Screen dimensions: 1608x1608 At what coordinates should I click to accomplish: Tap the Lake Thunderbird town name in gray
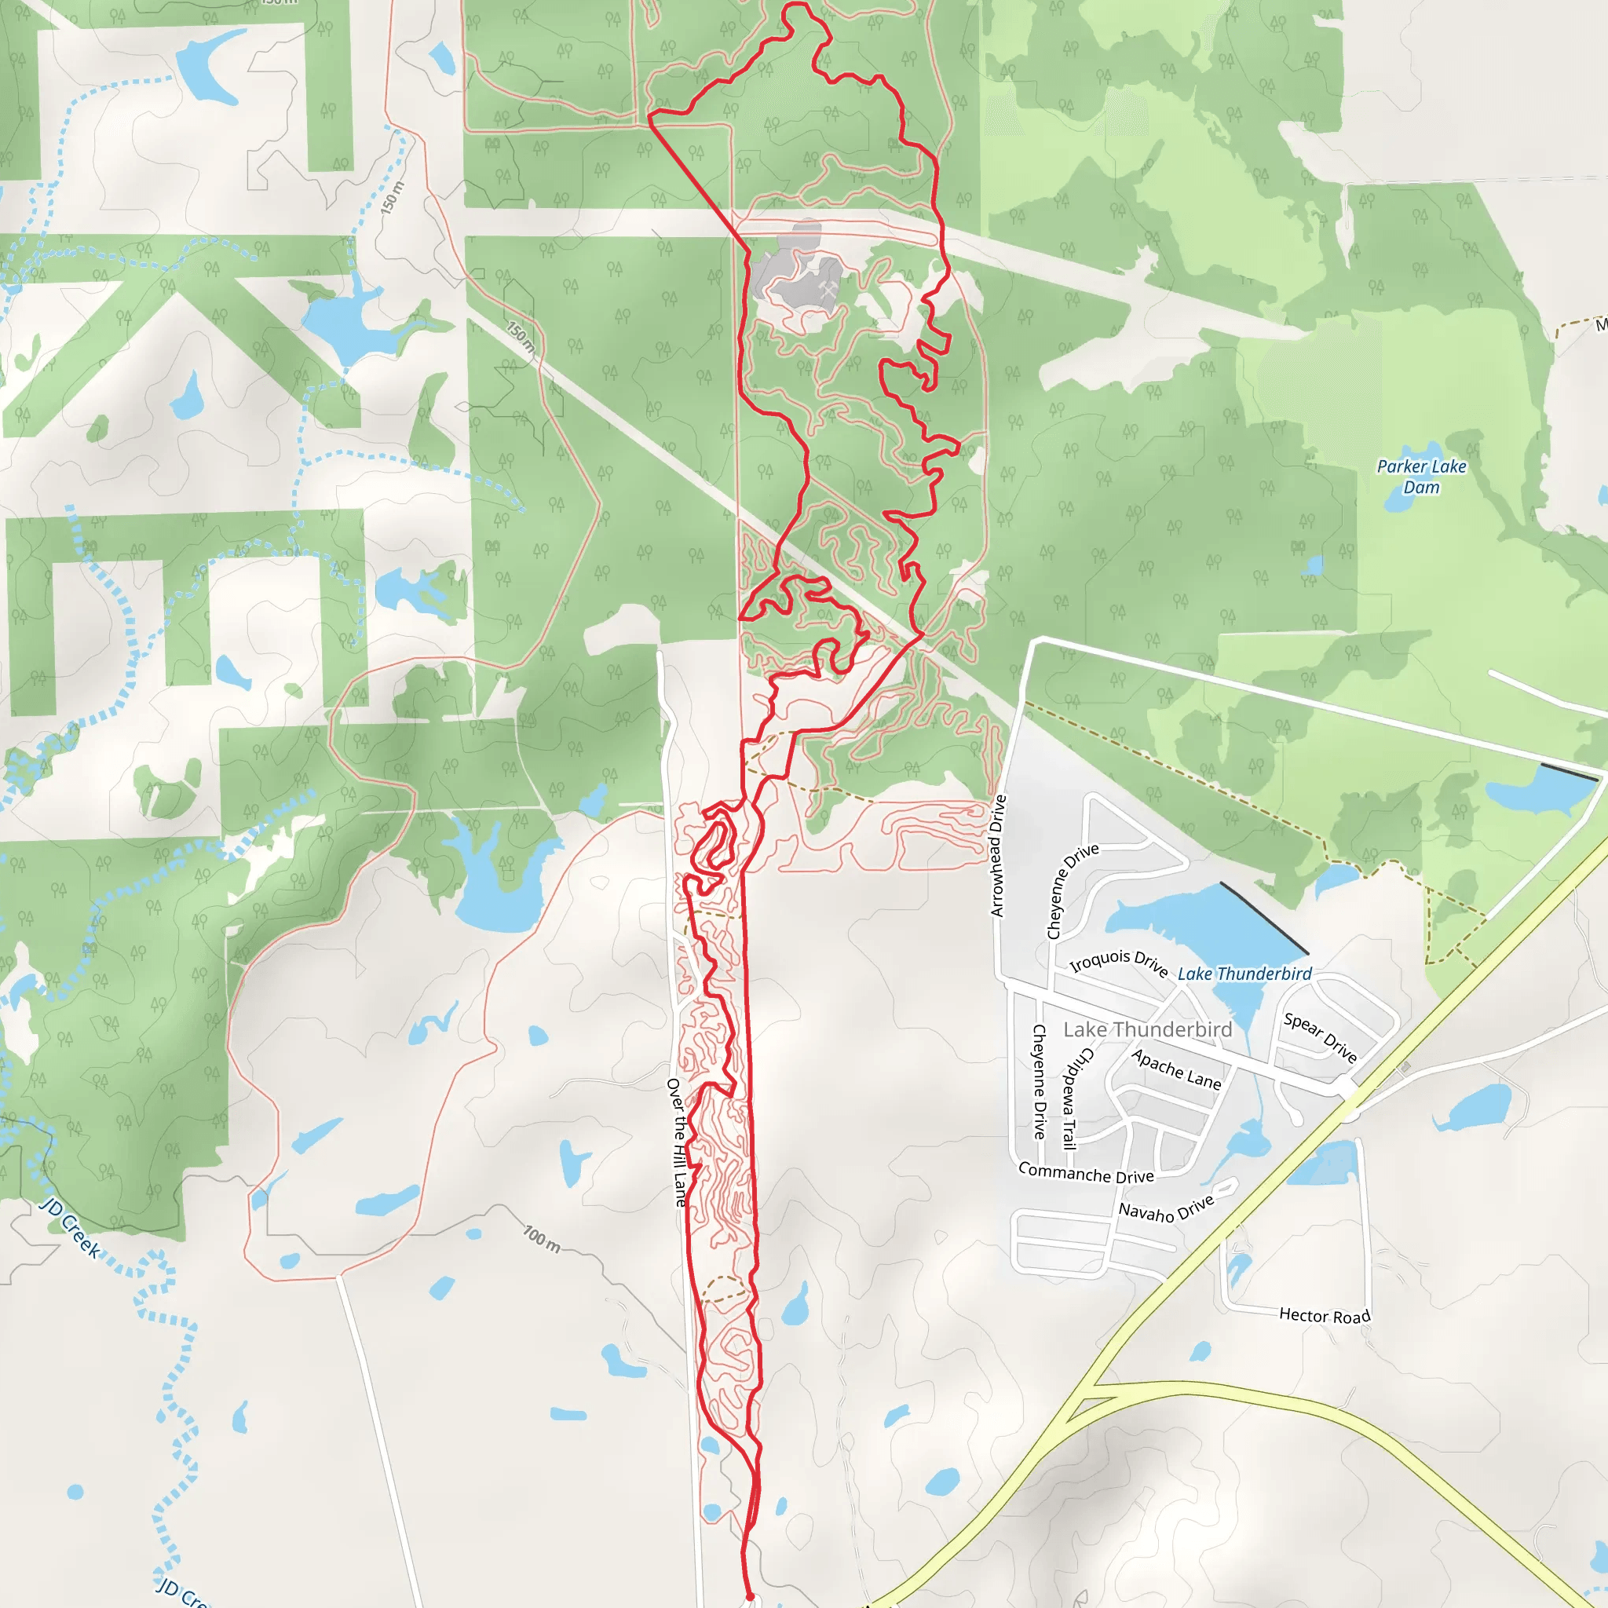pos(1147,1029)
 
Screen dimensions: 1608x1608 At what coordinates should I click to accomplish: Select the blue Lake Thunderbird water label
pos(1244,974)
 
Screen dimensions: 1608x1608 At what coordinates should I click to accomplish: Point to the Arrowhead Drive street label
pos(998,856)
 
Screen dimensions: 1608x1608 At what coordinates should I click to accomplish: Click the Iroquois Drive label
pos(1119,962)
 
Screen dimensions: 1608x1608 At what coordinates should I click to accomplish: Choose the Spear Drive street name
pos(1320,1037)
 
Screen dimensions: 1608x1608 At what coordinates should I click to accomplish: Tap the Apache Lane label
pos(1176,1070)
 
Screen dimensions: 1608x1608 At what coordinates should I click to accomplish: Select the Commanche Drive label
pos(1085,1174)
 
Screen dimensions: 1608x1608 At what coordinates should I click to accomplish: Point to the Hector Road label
pos(1325,1316)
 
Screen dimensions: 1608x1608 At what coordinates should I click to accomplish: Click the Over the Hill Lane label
pos(678,1142)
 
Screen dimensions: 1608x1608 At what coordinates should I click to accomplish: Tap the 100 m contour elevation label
pos(542,1238)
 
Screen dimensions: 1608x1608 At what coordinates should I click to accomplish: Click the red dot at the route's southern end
pos(750,1596)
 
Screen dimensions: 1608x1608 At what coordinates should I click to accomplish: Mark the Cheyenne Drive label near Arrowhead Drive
pos(1072,891)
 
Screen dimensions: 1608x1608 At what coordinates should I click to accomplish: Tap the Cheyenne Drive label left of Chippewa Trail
pos(1039,1082)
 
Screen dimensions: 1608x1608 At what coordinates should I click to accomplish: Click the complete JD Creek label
pos(71,1229)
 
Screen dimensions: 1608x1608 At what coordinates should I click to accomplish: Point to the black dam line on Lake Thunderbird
pos(1263,918)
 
